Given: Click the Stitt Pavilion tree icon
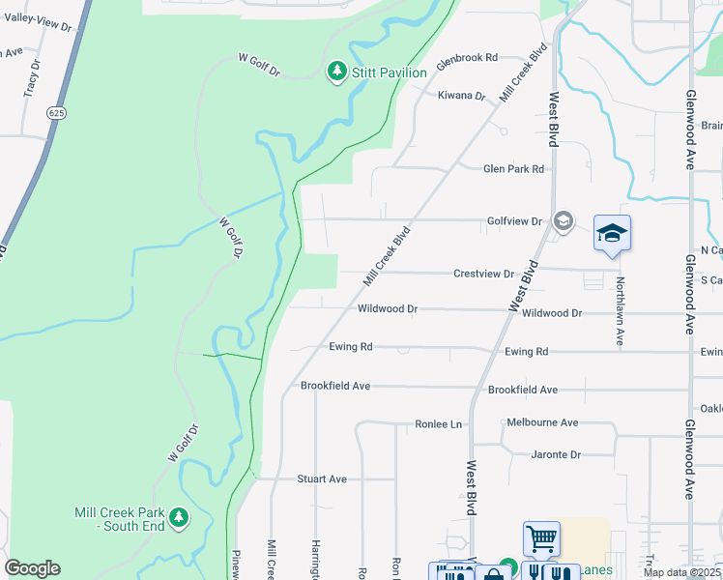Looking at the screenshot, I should (x=336, y=72).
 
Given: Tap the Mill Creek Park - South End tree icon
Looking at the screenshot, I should (x=178, y=518).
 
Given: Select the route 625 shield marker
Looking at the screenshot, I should (x=56, y=113).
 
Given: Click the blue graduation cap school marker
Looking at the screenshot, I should (x=611, y=233).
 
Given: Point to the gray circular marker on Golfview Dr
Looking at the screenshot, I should (x=564, y=222).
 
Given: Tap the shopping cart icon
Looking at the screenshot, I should (x=541, y=538).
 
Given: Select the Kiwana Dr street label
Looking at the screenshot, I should (x=461, y=96).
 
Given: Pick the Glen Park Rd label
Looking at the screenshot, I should (x=513, y=168).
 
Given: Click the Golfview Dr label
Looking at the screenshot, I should (x=513, y=221).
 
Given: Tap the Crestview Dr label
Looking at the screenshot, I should (x=483, y=274).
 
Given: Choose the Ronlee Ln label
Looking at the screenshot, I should (x=439, y=424).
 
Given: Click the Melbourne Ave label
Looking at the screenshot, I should (x=542, y=422).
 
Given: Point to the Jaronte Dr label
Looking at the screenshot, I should (x=556, y=454).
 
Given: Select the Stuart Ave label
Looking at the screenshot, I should (x=322, y=478).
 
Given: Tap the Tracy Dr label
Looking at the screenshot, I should (x=32, y=81).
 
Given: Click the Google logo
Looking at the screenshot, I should (x=32, y=568).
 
